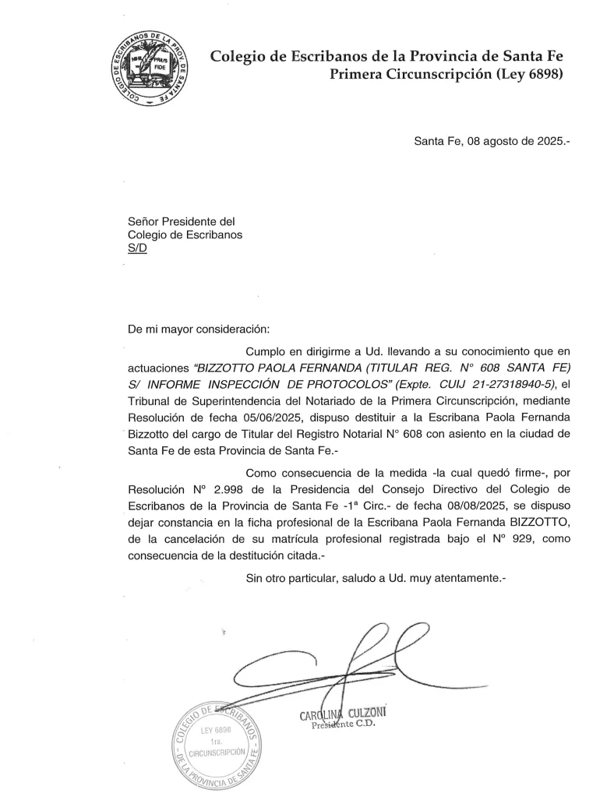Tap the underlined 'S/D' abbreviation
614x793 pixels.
coord(136,249)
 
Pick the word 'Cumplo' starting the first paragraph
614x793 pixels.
coord(265,346)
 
